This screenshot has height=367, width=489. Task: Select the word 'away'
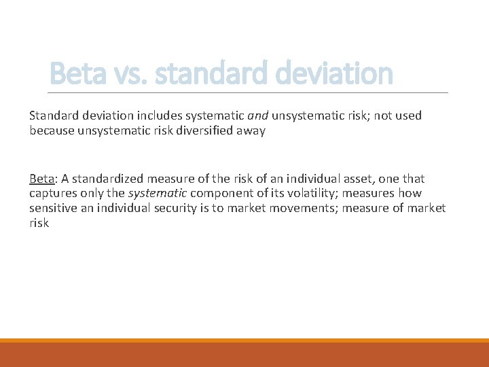[251, 130]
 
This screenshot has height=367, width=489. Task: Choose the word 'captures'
[52, 194]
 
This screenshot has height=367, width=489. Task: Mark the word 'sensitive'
[54, 208]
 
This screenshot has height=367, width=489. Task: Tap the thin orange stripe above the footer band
[244, 340]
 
